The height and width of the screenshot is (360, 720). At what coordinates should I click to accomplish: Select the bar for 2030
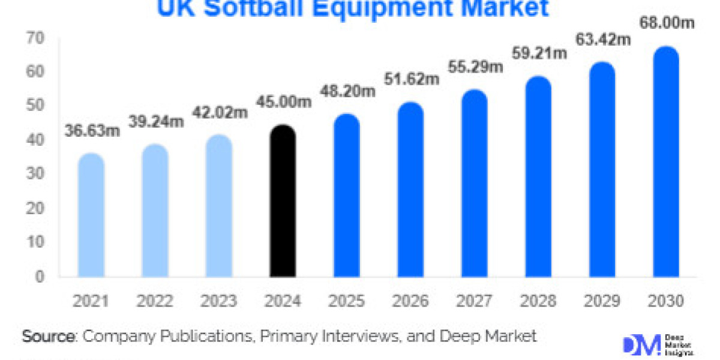click(x=666, y=162)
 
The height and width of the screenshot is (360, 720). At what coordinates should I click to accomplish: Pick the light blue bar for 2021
click(x=91, y=215)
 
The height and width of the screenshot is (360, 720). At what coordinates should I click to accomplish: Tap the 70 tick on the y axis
click(x=35, y=38)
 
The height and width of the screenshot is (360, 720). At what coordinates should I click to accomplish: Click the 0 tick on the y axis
click(x=40, y=277)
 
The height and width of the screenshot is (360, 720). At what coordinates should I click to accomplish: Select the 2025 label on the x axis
click(x=346, y=301)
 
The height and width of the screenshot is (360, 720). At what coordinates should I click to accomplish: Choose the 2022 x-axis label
click(x=155, y=301)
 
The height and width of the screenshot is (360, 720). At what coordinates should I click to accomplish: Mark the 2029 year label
click(x=602, y=301)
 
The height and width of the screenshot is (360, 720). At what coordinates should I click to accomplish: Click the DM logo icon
click(x=637, y=344)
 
